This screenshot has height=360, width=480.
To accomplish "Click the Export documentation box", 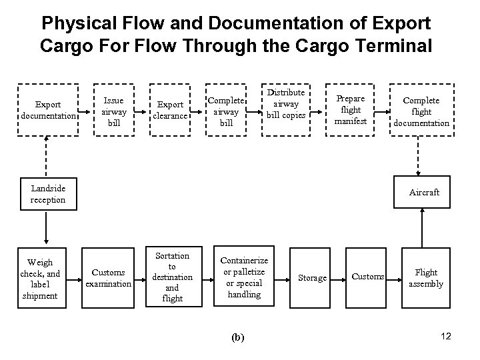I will tap(48, 110).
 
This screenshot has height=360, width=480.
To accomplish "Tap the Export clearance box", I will tap(170, 110).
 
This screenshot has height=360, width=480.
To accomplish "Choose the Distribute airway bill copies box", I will tap(286, 105).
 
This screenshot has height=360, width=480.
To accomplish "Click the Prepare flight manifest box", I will tap(351, 109).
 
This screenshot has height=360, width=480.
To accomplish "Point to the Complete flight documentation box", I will tap(421, 111).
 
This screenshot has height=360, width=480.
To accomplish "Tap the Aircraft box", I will tap(424, 193).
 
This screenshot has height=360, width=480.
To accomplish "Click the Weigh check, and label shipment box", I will tap(40, 279).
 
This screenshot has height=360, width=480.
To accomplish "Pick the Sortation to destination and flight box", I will tap(172, 277).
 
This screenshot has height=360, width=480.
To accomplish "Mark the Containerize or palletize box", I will tap(244, 277).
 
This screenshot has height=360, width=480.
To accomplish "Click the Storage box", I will tap(312, 277).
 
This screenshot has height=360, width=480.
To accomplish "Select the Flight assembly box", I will tap(427, 277).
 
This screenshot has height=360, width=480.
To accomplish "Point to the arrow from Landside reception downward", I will tap(47, 226).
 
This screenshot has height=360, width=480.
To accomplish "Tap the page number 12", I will tap(446, 336).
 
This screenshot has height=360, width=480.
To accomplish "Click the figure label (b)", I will tap(237, 337).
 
